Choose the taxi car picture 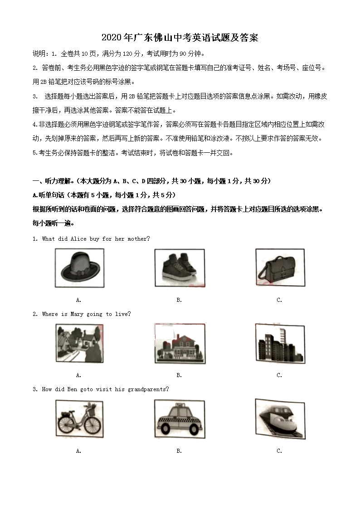(179, 420)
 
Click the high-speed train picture (279, 420)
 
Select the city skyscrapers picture (279, 344)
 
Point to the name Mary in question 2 (77, 314)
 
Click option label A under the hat (78, 300)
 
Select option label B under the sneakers (179, 300)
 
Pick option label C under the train (279, 451)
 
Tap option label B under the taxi (179, 451)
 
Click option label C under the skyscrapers (279, 375)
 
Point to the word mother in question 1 (138, 239)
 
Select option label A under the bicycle (78, 451)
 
